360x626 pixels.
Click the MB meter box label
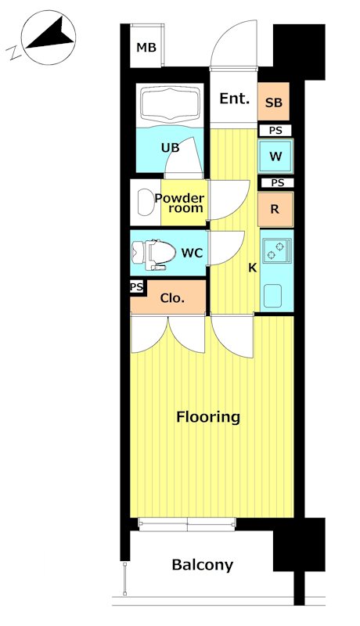146,48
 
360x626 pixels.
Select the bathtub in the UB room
170,105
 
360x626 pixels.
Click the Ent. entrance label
234,99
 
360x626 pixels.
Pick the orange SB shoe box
273,102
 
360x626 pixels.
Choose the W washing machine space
275,156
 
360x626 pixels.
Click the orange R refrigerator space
275,210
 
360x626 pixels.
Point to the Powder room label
179,203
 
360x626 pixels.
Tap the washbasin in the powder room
144,202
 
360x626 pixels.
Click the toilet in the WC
154,254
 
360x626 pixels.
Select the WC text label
192,253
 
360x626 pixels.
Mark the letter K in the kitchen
253,268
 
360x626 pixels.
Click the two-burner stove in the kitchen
277,250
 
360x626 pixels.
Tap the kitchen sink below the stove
272,295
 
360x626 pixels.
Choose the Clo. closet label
172,298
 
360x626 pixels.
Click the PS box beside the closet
137,287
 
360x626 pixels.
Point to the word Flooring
208,417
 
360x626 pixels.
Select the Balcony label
203,565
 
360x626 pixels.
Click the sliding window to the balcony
187,524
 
